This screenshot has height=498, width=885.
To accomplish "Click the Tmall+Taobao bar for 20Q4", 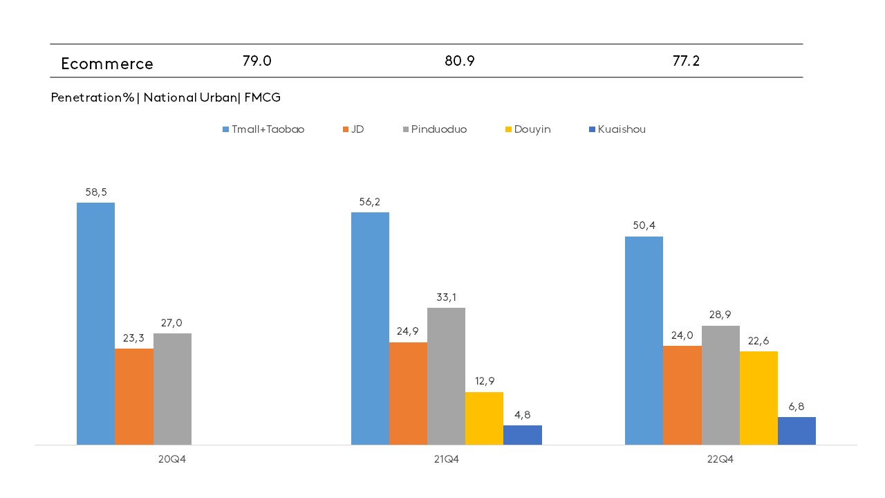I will pyautogui.click(x=95, y=324).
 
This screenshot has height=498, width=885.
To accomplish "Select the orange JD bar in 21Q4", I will pyautogui.click(x=408, y=394).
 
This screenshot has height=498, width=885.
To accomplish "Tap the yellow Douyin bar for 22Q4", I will pyautogui.click(x=758, y=398).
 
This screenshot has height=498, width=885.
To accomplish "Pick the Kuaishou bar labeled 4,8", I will pyautogui.click(x=522, y=435).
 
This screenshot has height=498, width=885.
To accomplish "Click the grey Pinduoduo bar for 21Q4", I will pyautogui.click(x=446, y=376).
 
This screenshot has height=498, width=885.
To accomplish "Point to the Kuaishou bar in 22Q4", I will pyautogui.click(x=796, y=431).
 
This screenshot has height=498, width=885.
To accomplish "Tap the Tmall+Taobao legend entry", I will pyautogui.click(x=263, y=129).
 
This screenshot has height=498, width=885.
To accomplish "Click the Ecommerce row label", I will pyautogui.click(x=107, y=64).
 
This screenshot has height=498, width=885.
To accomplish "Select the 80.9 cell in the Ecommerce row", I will pyautogui.click(x=459, y=61).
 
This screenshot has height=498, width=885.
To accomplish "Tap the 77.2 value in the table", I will pyautogui.click(x=686, y=61).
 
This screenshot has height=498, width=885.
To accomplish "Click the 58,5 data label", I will pyautogui.click(x=95, y=192).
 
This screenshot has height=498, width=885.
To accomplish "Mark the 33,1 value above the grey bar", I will pyautogui.click(x=446, y=297).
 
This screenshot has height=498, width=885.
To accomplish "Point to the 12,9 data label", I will pyautogui.click(x=484, y=381).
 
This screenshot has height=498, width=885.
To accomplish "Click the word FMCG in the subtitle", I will pyautogui.click(x=262, y=98).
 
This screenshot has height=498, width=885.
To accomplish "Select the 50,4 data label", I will pyautogui.click(x=644, y=226).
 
